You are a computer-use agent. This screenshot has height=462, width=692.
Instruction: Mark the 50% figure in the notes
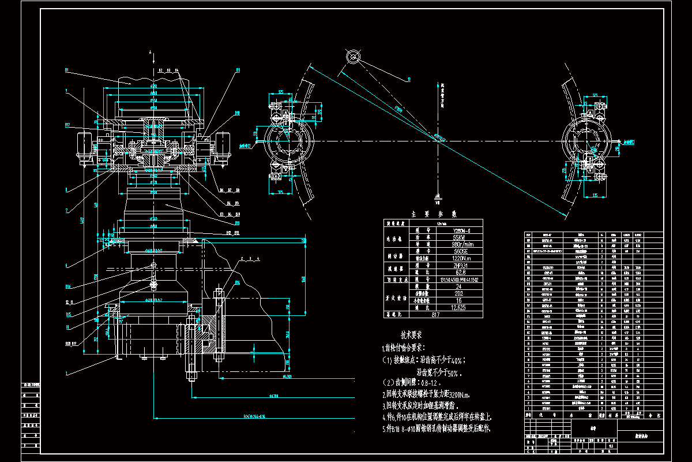click(x=453, y=372)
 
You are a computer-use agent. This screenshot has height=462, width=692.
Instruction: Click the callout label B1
click(x=67, y=70)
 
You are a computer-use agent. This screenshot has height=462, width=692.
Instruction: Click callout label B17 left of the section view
click(x=67, y=124)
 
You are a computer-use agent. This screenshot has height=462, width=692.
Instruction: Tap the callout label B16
click(x=68, y=286)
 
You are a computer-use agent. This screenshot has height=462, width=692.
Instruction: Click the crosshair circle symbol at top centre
click(x=353, y=57)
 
